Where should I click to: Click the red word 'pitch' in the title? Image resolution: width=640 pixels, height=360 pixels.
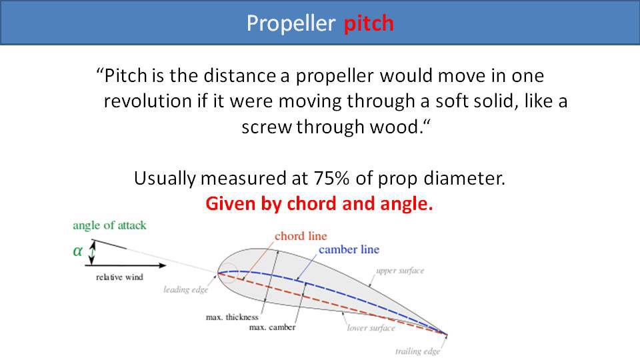[369, 23]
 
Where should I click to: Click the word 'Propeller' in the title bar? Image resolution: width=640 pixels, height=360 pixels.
[291, 23]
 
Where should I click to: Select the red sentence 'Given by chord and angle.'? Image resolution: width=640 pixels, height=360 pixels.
[319, 204]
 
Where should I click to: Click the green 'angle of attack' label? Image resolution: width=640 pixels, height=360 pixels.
[109, 225]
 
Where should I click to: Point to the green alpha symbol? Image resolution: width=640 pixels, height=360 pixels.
[78, 251]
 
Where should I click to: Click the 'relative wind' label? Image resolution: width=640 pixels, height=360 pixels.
[118, 276]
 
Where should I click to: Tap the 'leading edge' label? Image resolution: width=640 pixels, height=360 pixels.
[186, 289]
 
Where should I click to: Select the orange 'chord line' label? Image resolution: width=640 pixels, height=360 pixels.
[300, 236]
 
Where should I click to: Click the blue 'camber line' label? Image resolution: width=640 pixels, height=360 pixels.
[349, 249]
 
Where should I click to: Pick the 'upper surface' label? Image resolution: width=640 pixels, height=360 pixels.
[400, 271]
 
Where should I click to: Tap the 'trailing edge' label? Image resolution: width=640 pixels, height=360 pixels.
[419, 351]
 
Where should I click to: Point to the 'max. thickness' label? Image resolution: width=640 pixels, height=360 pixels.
[232, 317]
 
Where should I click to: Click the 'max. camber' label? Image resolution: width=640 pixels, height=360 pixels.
[272, 327]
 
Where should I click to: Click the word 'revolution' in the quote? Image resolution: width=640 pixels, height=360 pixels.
[140, 101]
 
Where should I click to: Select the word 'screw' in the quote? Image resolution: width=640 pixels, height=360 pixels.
[266, 127]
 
